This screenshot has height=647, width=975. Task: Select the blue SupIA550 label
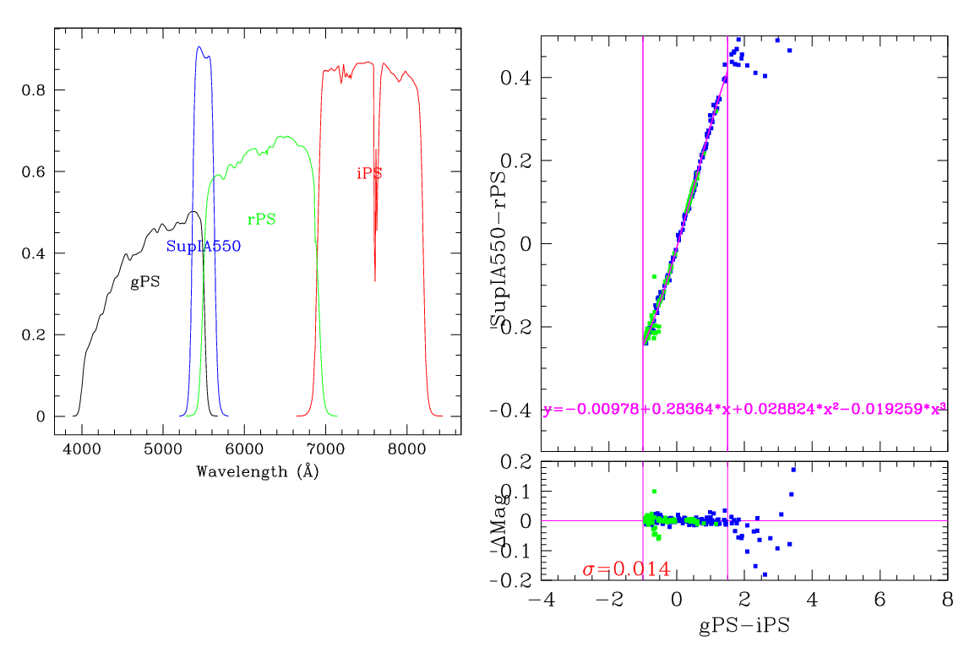point(204,247)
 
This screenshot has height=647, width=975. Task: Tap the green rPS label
point(261,220)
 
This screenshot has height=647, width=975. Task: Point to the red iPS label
point(369,174)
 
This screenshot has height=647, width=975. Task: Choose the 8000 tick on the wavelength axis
point(407,451)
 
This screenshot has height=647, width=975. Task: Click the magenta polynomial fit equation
point(744,409)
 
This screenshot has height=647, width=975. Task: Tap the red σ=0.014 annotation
point(626,569)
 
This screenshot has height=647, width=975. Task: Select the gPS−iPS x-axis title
point(744,626)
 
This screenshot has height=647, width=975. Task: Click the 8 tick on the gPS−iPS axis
point(947,599)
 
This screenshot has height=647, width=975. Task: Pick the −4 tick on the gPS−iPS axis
point(541,599)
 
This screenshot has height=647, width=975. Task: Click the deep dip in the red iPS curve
point(375,280)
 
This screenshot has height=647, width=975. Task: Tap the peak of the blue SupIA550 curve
point(199,47)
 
